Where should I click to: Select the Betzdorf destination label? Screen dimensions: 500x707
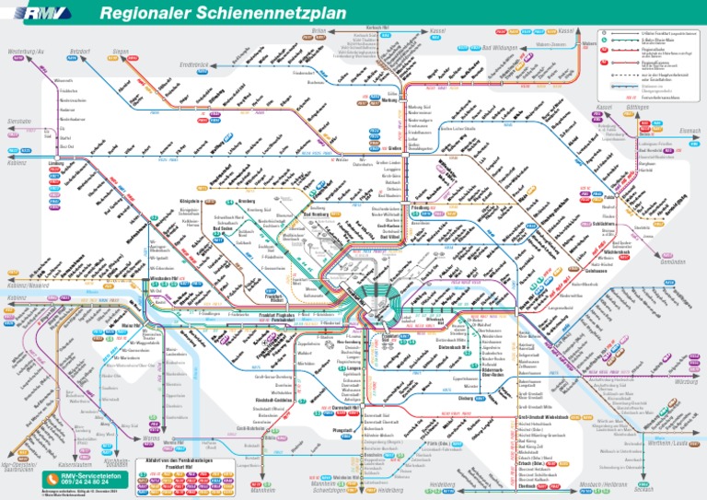click(x=80, y=51)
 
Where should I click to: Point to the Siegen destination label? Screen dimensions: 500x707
click(x=121, y=51)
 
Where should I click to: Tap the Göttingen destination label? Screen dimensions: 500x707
click(x=662, y=107)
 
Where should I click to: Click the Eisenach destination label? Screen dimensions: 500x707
click(x=690, y=130)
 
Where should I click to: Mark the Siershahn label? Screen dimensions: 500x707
click(x=20, y=121)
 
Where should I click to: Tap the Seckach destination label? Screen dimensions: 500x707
click(x=682, y=488)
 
